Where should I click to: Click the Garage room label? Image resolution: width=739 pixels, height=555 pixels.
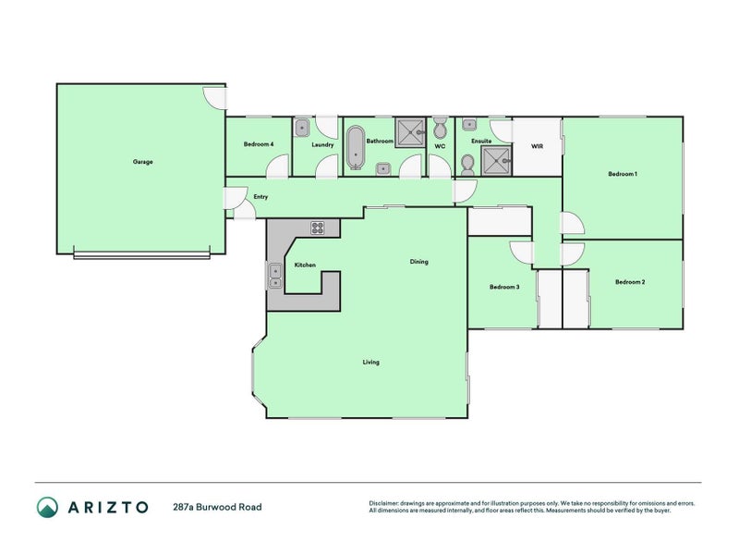pyautogui.click(x=142, y=162)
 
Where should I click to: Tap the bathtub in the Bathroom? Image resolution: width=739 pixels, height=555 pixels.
pyautogui.click(x=356, y=148)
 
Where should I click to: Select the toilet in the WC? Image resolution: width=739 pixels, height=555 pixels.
pyautogui.click(x=440, y=128)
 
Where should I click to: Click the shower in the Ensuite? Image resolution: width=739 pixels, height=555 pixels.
pyautogui.click(x=497, y=160)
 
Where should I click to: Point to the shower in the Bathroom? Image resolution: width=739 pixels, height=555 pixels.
pyautogui.click(x=409, y=132)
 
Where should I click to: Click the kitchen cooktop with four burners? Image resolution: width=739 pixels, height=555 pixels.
pyautogui.click(x=318, y=228)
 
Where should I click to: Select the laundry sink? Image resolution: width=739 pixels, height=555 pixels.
pyautogui.click(x=302, y=128)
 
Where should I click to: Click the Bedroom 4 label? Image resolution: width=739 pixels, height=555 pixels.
pyautogui.click(x=259, y=144)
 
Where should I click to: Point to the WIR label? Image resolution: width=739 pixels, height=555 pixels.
pyautogui.click(x=536, y=146)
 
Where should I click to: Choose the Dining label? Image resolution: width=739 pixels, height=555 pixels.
pyautogui.click(x=418, y=262)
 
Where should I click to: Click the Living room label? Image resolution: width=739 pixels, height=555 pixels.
pyautogui.click(x=370, y=362)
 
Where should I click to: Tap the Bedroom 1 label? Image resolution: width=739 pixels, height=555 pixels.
pyautogui.click(x=623, y=174)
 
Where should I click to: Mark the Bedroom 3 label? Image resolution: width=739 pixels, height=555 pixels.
pyautogui.click(x=504, y=287)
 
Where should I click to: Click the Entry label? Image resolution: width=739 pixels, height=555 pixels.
pyautogui.click(x=260, y=196)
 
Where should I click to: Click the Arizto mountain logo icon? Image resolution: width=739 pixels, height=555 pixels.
pyautogui.click(x=47, y=507)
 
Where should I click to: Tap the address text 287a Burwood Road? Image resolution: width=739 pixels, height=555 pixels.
pyautogui.click(x=217, y=507)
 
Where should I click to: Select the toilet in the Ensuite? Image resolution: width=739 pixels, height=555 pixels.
pyautogui.click(x=467, y=164)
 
